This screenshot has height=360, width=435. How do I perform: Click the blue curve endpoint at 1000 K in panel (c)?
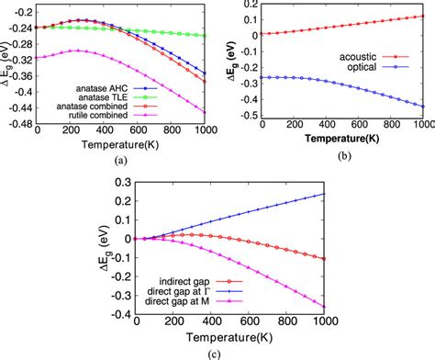[x=377, y=194]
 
